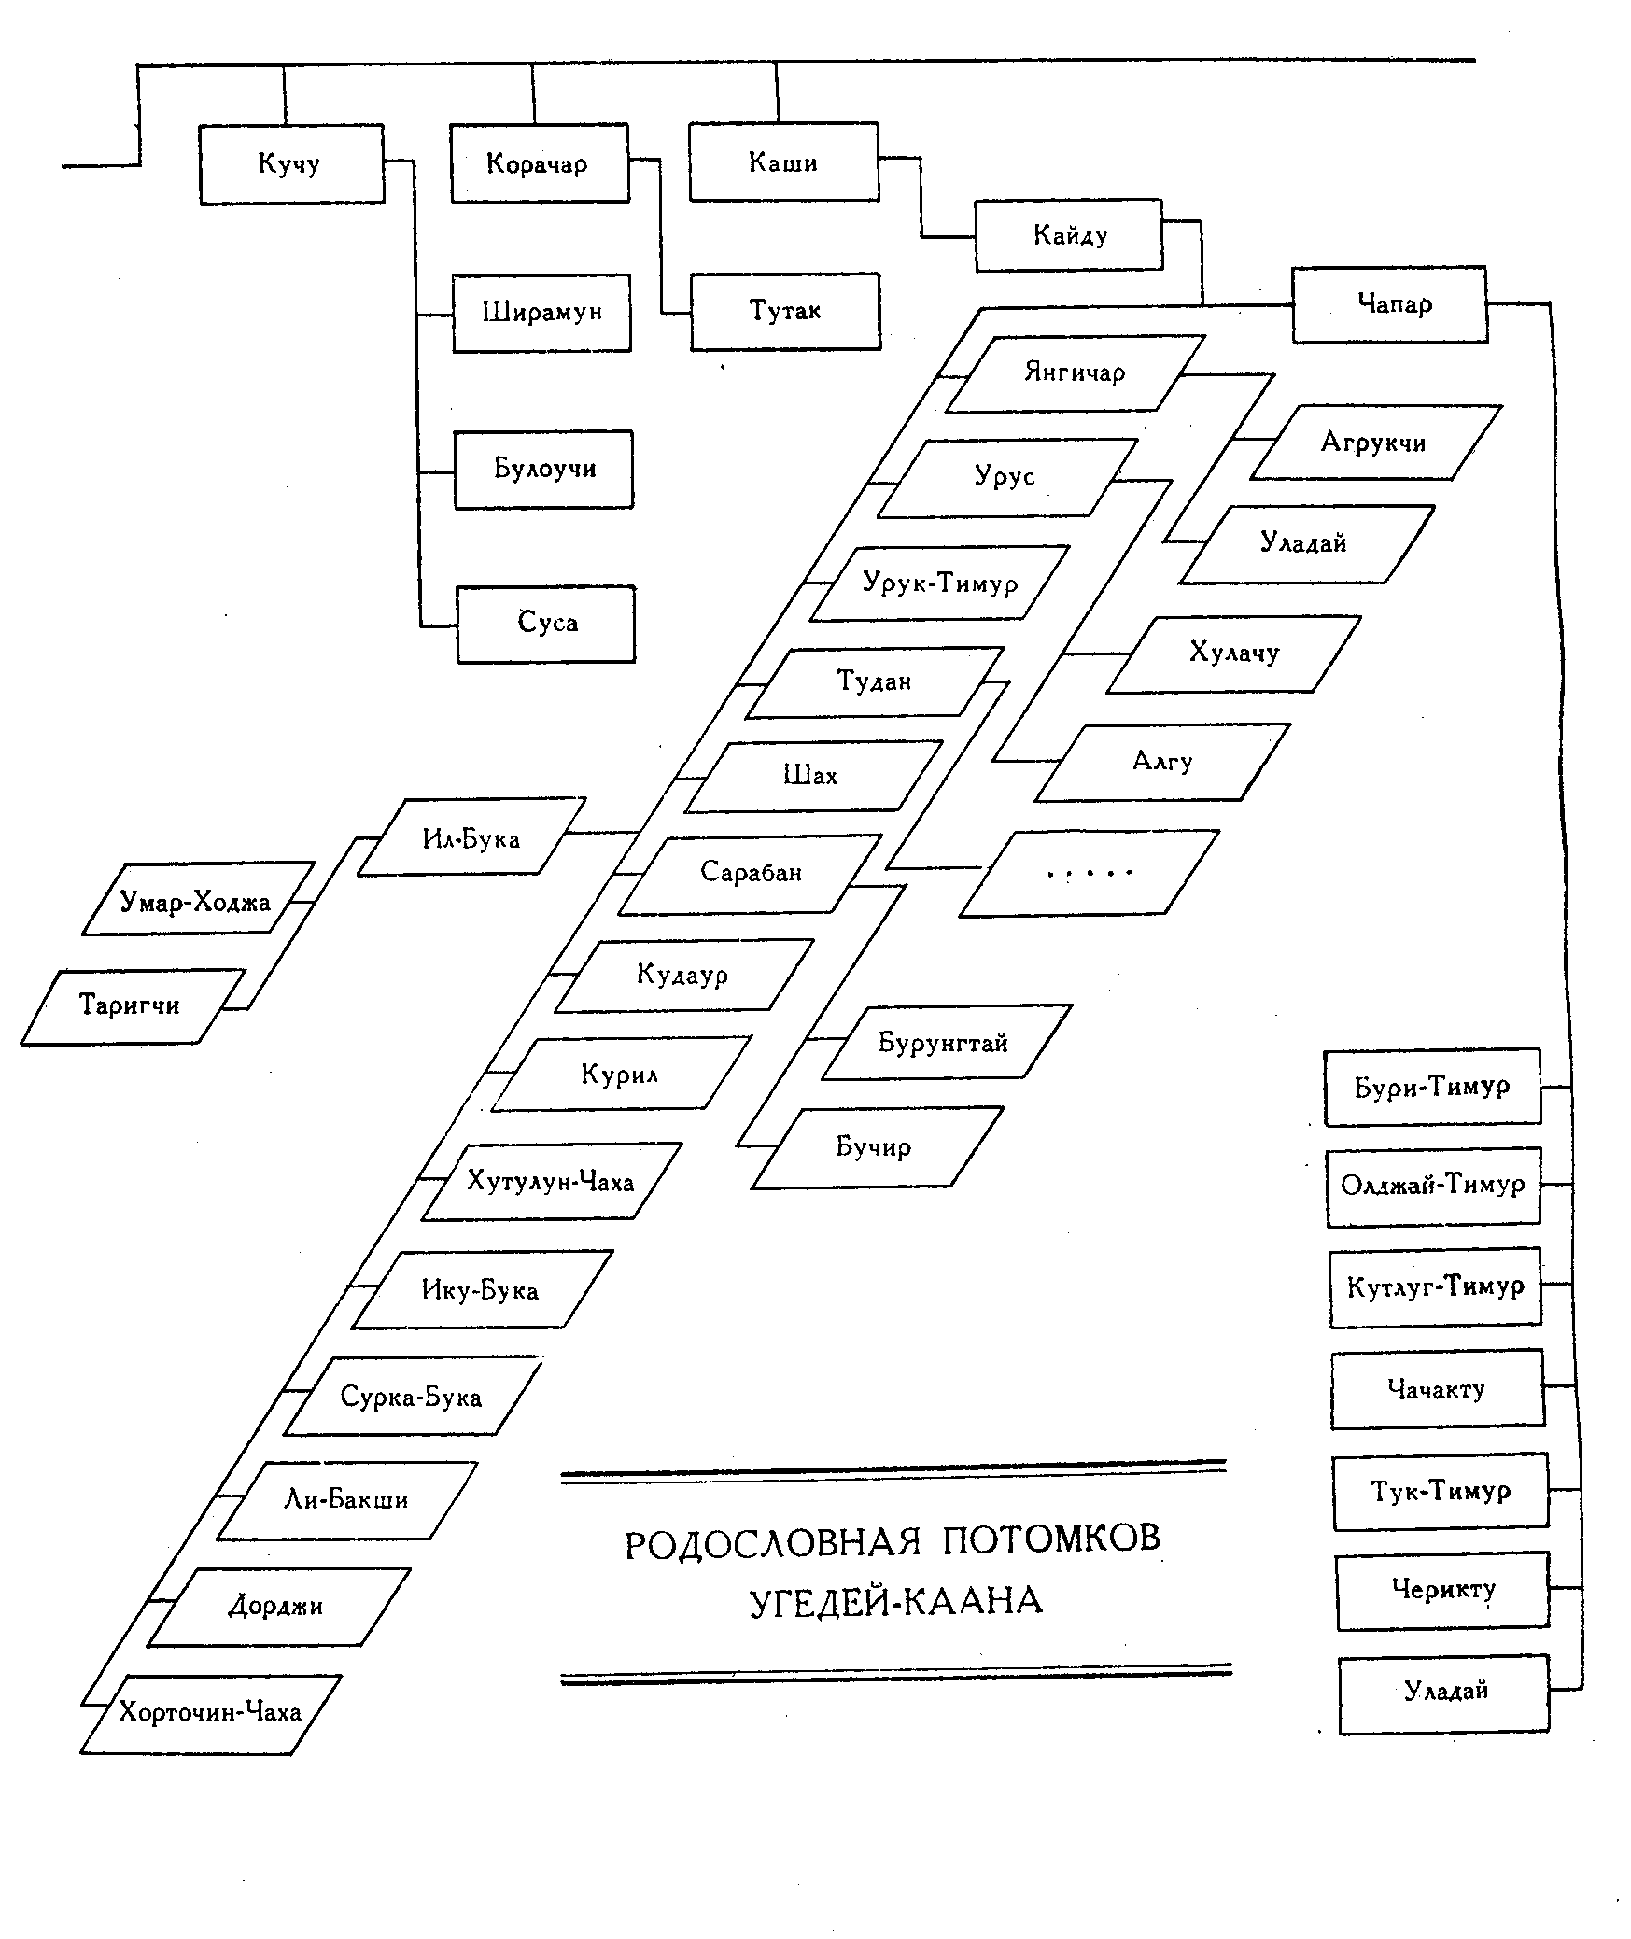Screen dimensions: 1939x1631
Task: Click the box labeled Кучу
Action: (x=291, y=164)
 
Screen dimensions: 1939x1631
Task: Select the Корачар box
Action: (x=539, y=163)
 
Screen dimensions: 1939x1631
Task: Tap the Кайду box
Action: (x=1069, y=235)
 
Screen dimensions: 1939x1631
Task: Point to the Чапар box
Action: (x=1389, y=305)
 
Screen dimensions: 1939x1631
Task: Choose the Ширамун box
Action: (x=541, y=312)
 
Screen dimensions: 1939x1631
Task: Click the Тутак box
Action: (x=785, y=311)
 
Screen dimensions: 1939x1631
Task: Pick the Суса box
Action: (x=546, y=624)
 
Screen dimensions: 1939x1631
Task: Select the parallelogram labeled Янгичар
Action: (x=1076, y=372)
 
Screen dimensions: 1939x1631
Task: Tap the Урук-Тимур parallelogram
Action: (x=939, y=583)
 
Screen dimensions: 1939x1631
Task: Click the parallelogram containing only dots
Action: (x=1089, y=874)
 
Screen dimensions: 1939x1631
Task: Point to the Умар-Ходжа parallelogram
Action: (x=197, y=900)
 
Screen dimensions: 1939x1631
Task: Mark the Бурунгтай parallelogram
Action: (x=945, y=1042)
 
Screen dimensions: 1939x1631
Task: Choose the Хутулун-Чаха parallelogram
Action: (x=551, y=1181)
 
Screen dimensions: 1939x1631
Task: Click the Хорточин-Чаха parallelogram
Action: (x=210, y=1712)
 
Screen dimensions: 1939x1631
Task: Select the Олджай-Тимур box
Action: (x=1433, y=1186)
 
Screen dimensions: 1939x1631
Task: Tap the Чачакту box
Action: (x=1437, y=1388)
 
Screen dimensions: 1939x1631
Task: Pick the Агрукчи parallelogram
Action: (x=1374, y=443)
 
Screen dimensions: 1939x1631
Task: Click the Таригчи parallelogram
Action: (x=131, y=1005)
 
